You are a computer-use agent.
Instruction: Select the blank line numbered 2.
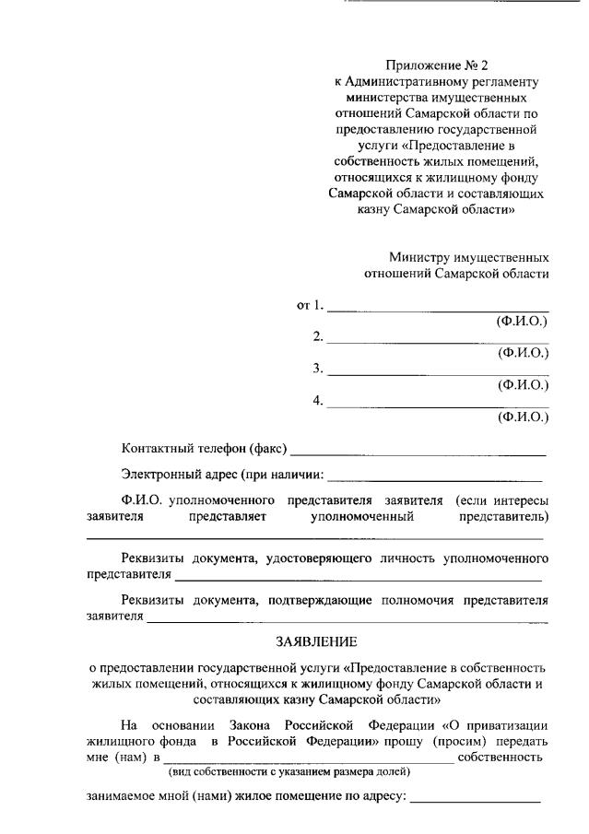438,341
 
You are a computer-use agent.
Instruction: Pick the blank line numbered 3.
438,373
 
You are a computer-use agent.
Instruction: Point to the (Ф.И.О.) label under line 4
523,417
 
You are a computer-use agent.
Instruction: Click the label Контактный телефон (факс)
204,450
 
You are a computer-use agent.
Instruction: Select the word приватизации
502,723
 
